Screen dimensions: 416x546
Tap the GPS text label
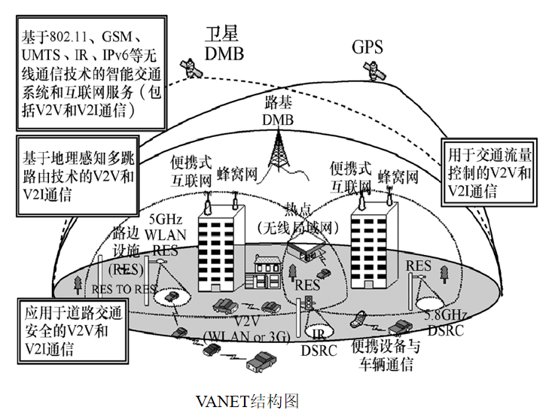367,47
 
